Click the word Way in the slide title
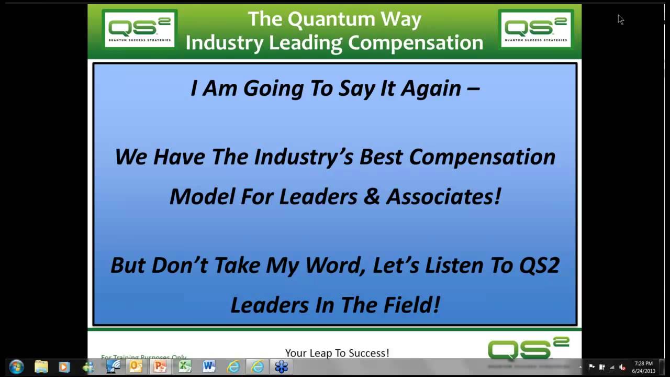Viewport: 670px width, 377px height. point(402,19)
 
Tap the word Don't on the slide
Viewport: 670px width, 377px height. point(180,265)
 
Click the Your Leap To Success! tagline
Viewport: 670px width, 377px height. point(337,353)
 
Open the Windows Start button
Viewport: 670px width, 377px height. point(16,367)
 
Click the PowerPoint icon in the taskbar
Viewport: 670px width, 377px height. point(160,367)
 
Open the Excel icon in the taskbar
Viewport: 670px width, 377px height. point(185,367)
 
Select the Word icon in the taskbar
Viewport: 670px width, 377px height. point(209,367)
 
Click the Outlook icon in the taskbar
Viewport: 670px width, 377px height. point(136,367)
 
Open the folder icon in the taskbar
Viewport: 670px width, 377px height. point(41,367)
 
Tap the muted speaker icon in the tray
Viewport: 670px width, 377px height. point(622,367)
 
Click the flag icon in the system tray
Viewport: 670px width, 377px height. point(591,367)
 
